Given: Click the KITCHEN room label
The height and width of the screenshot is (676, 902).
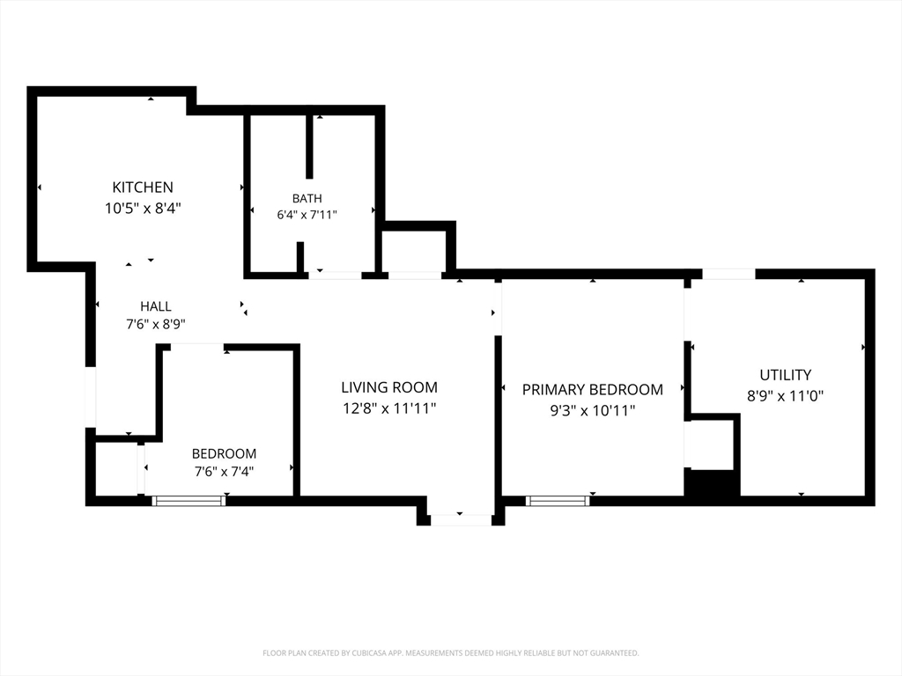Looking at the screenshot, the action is (143, 187).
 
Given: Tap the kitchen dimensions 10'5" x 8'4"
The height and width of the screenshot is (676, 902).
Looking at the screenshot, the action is (143, 208).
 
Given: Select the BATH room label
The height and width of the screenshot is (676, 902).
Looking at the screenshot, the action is (307, 198).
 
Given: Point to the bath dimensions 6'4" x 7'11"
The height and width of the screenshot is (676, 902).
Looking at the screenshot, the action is (307, 215).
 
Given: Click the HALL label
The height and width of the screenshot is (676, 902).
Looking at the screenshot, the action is (156, 306).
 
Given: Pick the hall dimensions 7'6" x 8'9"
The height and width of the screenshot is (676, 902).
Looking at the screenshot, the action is (156, 324).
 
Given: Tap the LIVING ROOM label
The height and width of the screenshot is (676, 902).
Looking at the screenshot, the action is (389, 387).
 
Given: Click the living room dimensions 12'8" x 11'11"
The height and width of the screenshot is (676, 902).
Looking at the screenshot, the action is (389, 408).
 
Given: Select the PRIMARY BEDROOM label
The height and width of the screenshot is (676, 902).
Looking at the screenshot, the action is (593, 390).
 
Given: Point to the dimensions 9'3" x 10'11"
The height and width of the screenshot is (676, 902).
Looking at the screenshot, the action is (593, 411).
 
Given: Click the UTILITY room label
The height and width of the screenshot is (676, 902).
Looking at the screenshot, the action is (785, 375).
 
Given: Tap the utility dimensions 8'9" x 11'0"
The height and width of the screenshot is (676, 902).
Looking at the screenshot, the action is (785, 396).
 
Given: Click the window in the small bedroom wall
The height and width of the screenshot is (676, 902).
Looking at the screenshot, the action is (189, 501).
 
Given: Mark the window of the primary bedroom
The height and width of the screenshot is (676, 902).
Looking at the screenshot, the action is (558, 501).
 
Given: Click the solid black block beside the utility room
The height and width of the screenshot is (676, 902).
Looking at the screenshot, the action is (712, 483).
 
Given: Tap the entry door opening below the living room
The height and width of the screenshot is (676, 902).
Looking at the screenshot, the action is (460, 520).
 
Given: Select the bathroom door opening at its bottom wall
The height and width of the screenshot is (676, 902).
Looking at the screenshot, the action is (336, 276).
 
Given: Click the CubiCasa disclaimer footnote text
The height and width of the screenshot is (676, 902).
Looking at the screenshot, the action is (451, 653).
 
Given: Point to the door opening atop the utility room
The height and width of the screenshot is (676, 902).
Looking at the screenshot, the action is (728, 274).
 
